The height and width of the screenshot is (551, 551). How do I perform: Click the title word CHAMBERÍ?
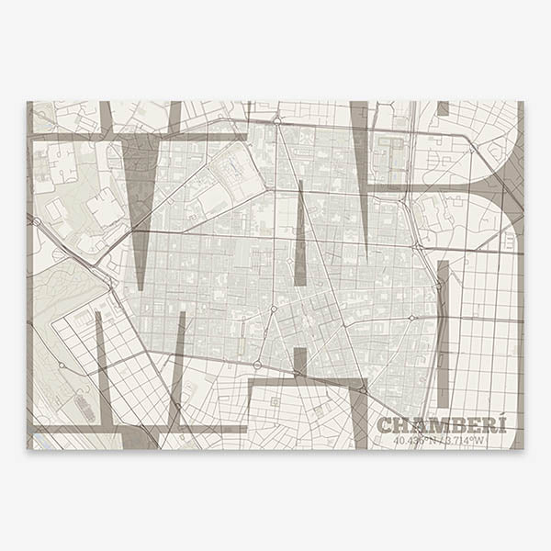coord(442,425)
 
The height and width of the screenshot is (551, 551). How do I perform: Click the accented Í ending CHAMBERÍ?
coord(500,424)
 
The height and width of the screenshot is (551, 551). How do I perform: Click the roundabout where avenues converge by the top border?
coord(275,120)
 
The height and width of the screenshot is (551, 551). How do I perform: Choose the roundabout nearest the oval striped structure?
coord(62,365)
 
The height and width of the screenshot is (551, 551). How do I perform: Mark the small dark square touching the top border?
coord(443,107)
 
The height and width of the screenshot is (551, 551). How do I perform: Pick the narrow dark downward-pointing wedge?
coord(360,165)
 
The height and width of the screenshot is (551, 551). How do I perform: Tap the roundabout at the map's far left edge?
coord(35,220)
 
